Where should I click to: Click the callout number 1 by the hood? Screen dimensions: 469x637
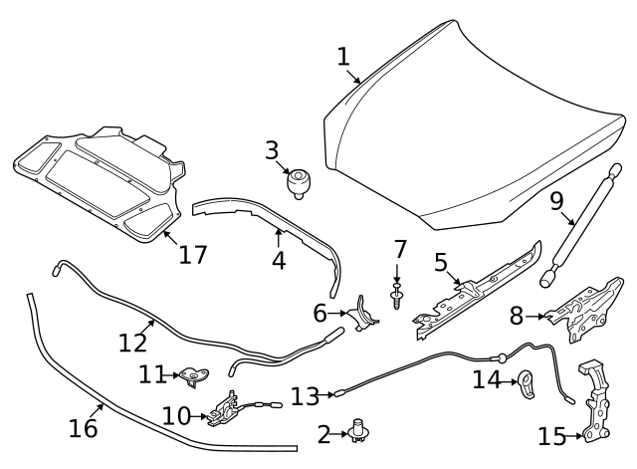[x=343, y=57]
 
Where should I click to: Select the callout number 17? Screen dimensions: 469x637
[x=192, y=254]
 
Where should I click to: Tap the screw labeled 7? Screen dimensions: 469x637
[x=397, y=298]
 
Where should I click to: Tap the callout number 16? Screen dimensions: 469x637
[x=84, y=428]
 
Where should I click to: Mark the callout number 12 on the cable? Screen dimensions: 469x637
[x=132, y=343]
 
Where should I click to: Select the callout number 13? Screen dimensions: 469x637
[x=305, y=395]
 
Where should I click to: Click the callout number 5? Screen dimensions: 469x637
[x=441, y=263]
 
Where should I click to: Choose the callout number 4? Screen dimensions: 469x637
[x=279, y=260]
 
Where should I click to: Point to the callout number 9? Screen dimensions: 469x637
[x=557, y=203]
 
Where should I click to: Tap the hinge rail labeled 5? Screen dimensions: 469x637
[x=478, y=288]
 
